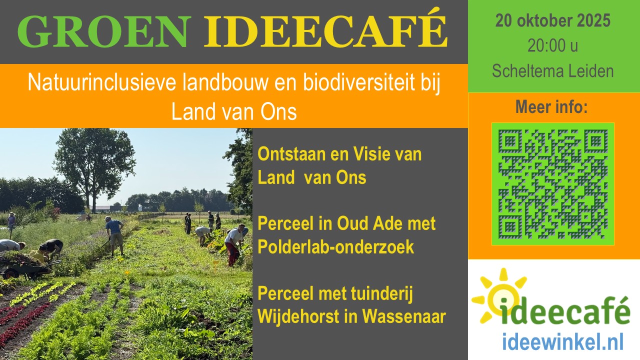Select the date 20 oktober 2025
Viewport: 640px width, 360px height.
(553, 21)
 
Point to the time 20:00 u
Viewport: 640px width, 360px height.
(553, 46)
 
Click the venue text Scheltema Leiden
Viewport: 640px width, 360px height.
(553, 71)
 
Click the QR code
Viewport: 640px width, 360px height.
(553, 183)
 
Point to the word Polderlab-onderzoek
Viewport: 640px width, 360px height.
(335, 246)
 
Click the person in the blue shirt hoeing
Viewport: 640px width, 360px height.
(114, 232)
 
